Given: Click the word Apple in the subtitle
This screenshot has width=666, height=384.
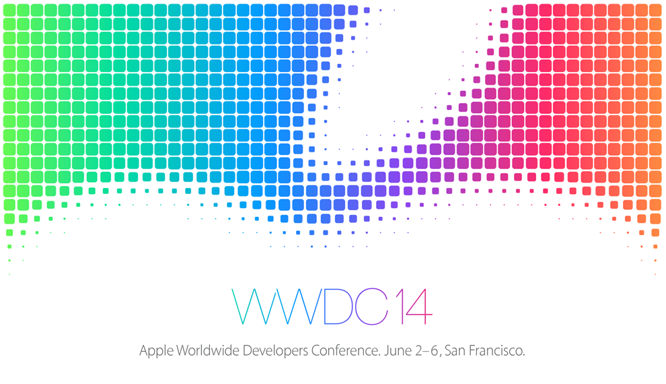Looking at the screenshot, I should (155, 351).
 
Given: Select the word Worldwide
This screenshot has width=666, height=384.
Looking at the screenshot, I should (207, 351).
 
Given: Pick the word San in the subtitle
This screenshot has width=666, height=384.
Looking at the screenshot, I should (454, 351).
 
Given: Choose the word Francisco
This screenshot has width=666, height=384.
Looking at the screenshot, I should (495, 351).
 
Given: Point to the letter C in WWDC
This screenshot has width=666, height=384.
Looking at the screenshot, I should (373, 307).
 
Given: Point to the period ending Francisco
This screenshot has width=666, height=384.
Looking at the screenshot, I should (523, 355).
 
